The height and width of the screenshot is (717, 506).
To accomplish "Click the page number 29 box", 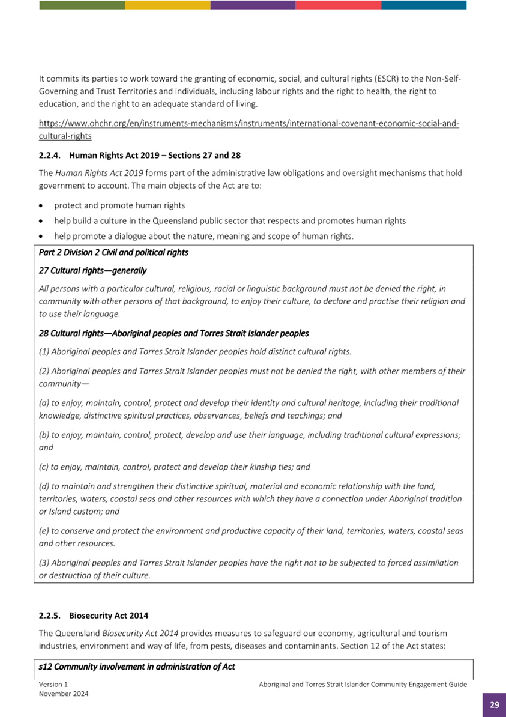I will pyautogui.click(x=494, y=704).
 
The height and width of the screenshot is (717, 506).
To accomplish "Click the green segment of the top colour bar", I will pyautogui.click(x=82, y=5).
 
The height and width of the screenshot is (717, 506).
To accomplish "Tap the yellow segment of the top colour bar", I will pyautogui.click(x=167, y=5).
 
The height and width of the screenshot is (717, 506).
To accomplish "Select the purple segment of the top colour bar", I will pyautogui.click(x=253, y=5).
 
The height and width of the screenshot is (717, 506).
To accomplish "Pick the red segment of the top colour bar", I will pyautogui.click(x=338, y=5).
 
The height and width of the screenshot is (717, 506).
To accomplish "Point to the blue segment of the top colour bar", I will pyautogui.click(x=424, y=5).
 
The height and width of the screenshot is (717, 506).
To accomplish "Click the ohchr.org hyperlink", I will pyautogui.click(x=248, y=124).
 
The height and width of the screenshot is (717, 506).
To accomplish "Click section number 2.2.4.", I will pyautogui.click(x=50, y=156).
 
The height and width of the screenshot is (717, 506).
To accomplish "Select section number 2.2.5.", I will pyautogui.click(x=50, y=616).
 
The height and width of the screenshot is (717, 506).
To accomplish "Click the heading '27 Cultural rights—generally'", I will pyautogui.click(x=92, y=271).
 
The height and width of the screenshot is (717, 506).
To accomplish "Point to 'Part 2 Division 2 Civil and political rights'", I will pyautogui.click(x=113, y=252).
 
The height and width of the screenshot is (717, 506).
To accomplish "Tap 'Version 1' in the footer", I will pyautogui.click(x=53, y=684).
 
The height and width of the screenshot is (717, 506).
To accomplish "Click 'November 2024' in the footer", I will pyautogui.click(x=64, y=694).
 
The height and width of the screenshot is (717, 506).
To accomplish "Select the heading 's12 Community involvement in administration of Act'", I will pyautogui.click(x=136, y=667).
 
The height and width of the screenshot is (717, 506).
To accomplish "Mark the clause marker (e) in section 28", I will pyautogui.click(x=44, y=531).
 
